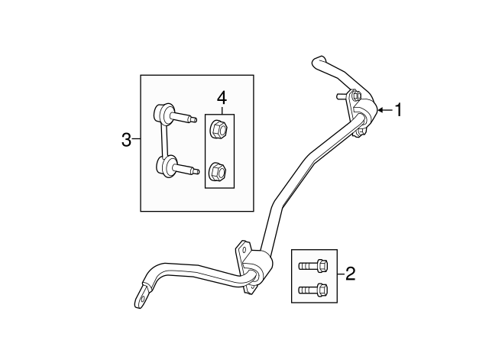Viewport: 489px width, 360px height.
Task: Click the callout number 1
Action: [398, 110]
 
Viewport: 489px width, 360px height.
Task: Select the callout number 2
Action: [350, 274]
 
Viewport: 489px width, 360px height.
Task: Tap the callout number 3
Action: [126, 140]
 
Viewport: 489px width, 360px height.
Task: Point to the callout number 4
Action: [222, 98]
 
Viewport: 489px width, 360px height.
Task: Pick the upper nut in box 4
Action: [219, 129]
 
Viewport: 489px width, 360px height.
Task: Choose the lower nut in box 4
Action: [218, 172]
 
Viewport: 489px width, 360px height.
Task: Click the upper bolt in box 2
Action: [313, 266]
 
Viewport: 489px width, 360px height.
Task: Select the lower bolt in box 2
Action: [313, 290]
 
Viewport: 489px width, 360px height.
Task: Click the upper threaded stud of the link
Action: [185, 118]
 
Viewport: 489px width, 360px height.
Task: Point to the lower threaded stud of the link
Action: [186, 170]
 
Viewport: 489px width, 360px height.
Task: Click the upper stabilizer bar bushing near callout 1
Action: [366, 113]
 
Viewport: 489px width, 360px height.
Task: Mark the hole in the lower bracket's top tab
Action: [244, 249]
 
